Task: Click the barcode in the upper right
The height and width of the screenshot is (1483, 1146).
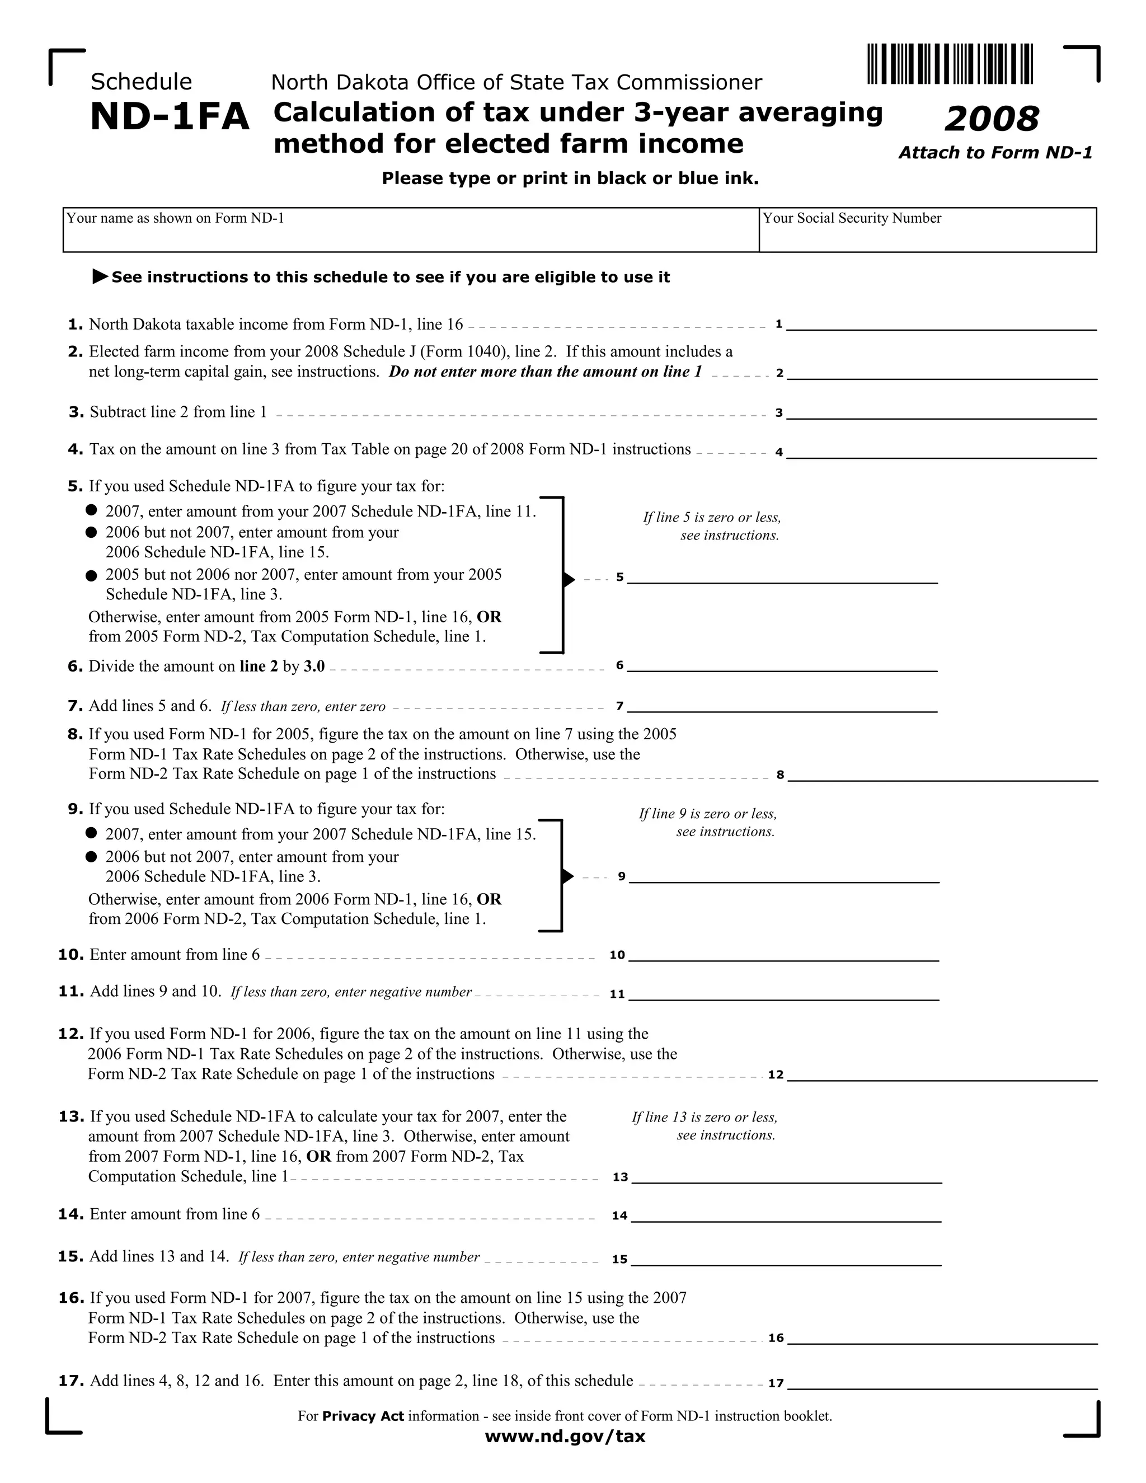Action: (950, 64)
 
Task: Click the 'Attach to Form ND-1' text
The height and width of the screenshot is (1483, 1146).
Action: (995, 153)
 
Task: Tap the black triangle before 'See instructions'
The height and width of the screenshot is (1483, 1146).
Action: (100, 276)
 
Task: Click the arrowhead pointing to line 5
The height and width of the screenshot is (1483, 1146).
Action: (569, 579)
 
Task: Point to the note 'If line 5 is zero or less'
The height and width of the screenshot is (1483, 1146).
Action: (712, 526)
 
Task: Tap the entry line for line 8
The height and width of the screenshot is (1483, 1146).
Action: (942, 774)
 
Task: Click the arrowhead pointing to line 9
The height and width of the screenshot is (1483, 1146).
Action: (569, 876)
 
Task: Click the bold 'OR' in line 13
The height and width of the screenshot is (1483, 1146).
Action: (318, 1156)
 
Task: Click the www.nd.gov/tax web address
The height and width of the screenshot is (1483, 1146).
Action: (565, 1436)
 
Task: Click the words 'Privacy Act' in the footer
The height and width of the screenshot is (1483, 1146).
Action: (363, 1416)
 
